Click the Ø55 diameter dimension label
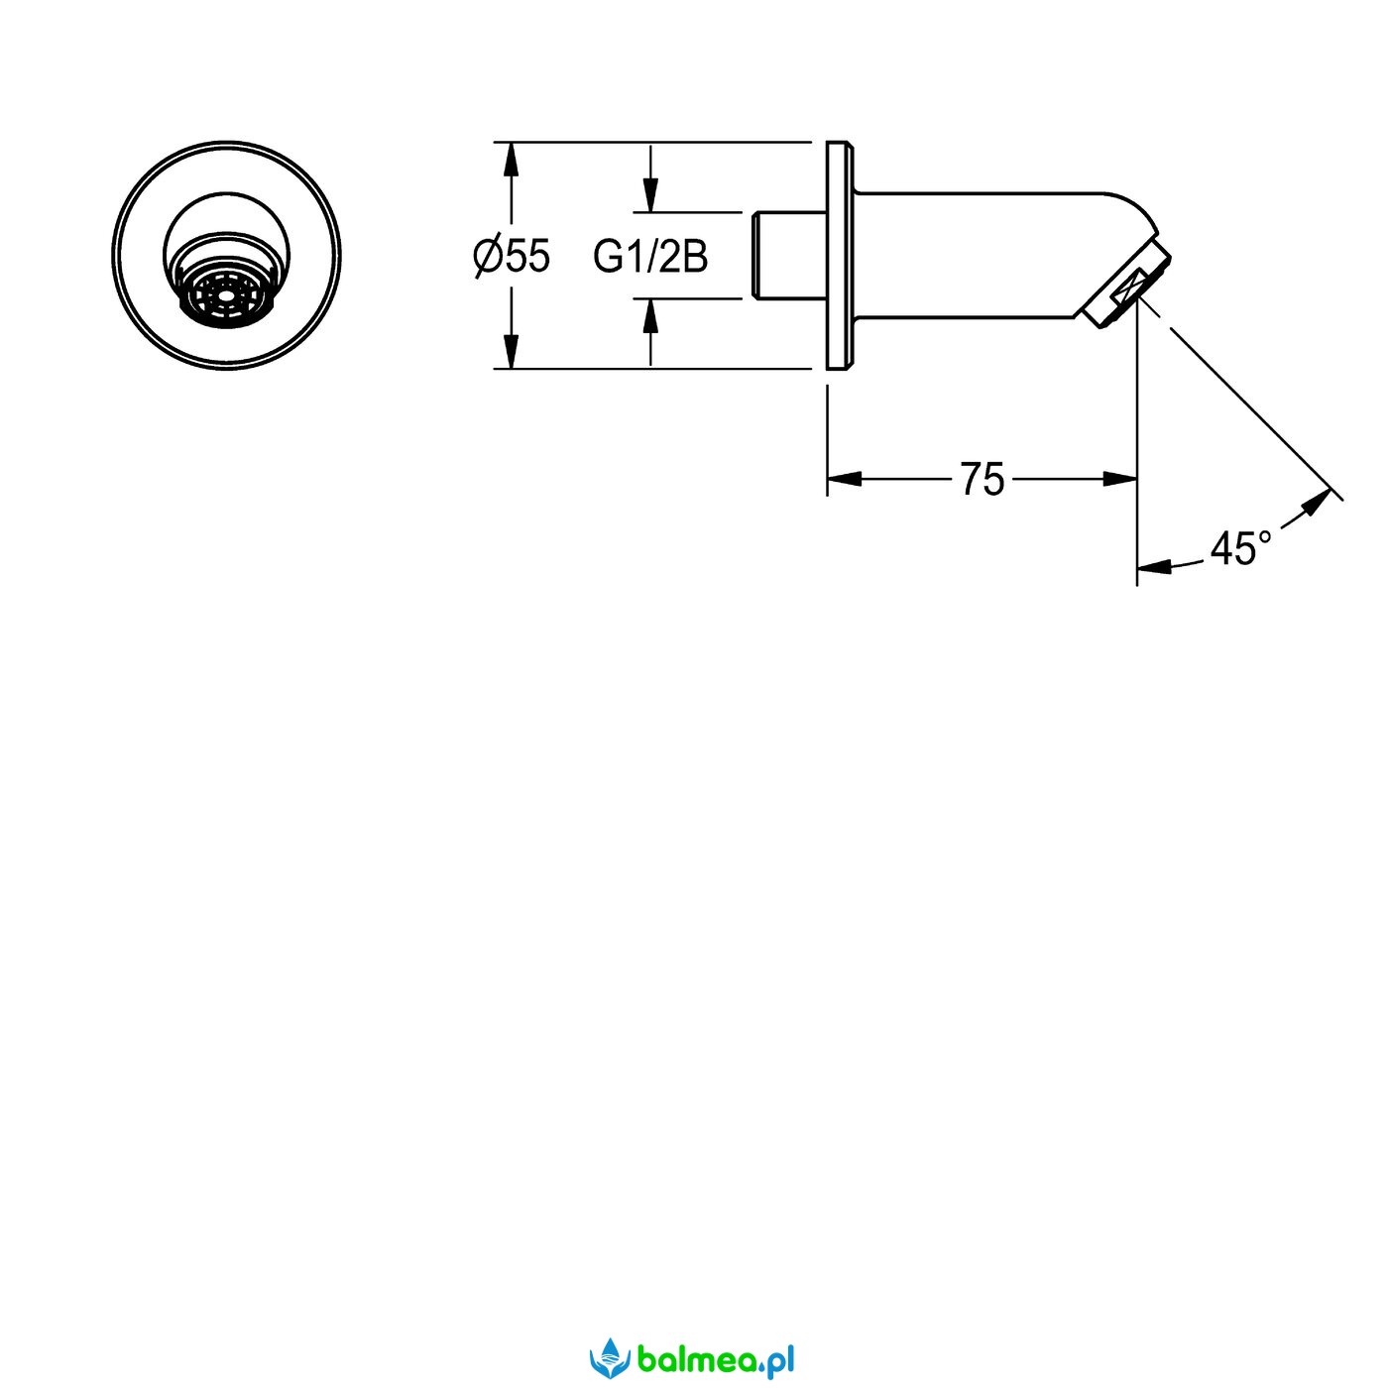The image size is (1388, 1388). [512, 257]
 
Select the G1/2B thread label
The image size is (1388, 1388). [650, 257]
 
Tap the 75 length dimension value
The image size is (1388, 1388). [982, 479]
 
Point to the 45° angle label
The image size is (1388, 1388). [1240, 549]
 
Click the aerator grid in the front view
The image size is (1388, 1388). [227, 296]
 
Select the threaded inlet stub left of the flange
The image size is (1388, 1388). [789, 254]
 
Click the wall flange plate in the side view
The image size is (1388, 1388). [840, 255]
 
